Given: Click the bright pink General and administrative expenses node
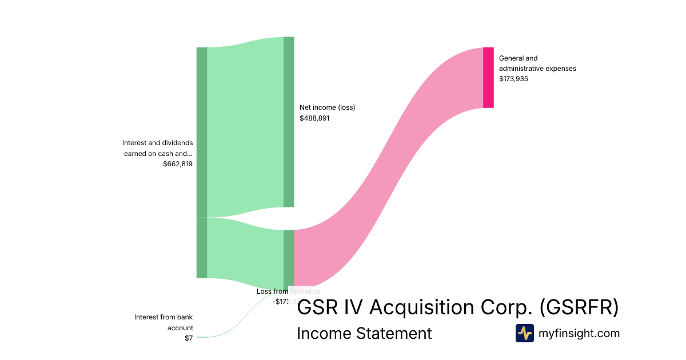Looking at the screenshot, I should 488,78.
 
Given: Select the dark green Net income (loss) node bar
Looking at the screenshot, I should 289,122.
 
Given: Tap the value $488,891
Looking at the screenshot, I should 314,118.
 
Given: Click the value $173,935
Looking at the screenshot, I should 513,79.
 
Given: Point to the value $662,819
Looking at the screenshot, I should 178,164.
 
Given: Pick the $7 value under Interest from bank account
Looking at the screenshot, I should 189,338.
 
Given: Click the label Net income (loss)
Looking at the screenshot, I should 327,107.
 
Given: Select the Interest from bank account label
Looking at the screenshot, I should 163,322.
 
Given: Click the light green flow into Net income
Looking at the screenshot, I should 245,126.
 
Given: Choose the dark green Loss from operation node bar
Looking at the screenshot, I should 289,257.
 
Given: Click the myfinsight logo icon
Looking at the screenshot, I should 524,333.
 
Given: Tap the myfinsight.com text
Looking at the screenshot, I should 579,333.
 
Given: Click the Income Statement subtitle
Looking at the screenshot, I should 364,333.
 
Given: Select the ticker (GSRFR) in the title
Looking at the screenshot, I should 579,307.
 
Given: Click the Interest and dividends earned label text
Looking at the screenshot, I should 158,148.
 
